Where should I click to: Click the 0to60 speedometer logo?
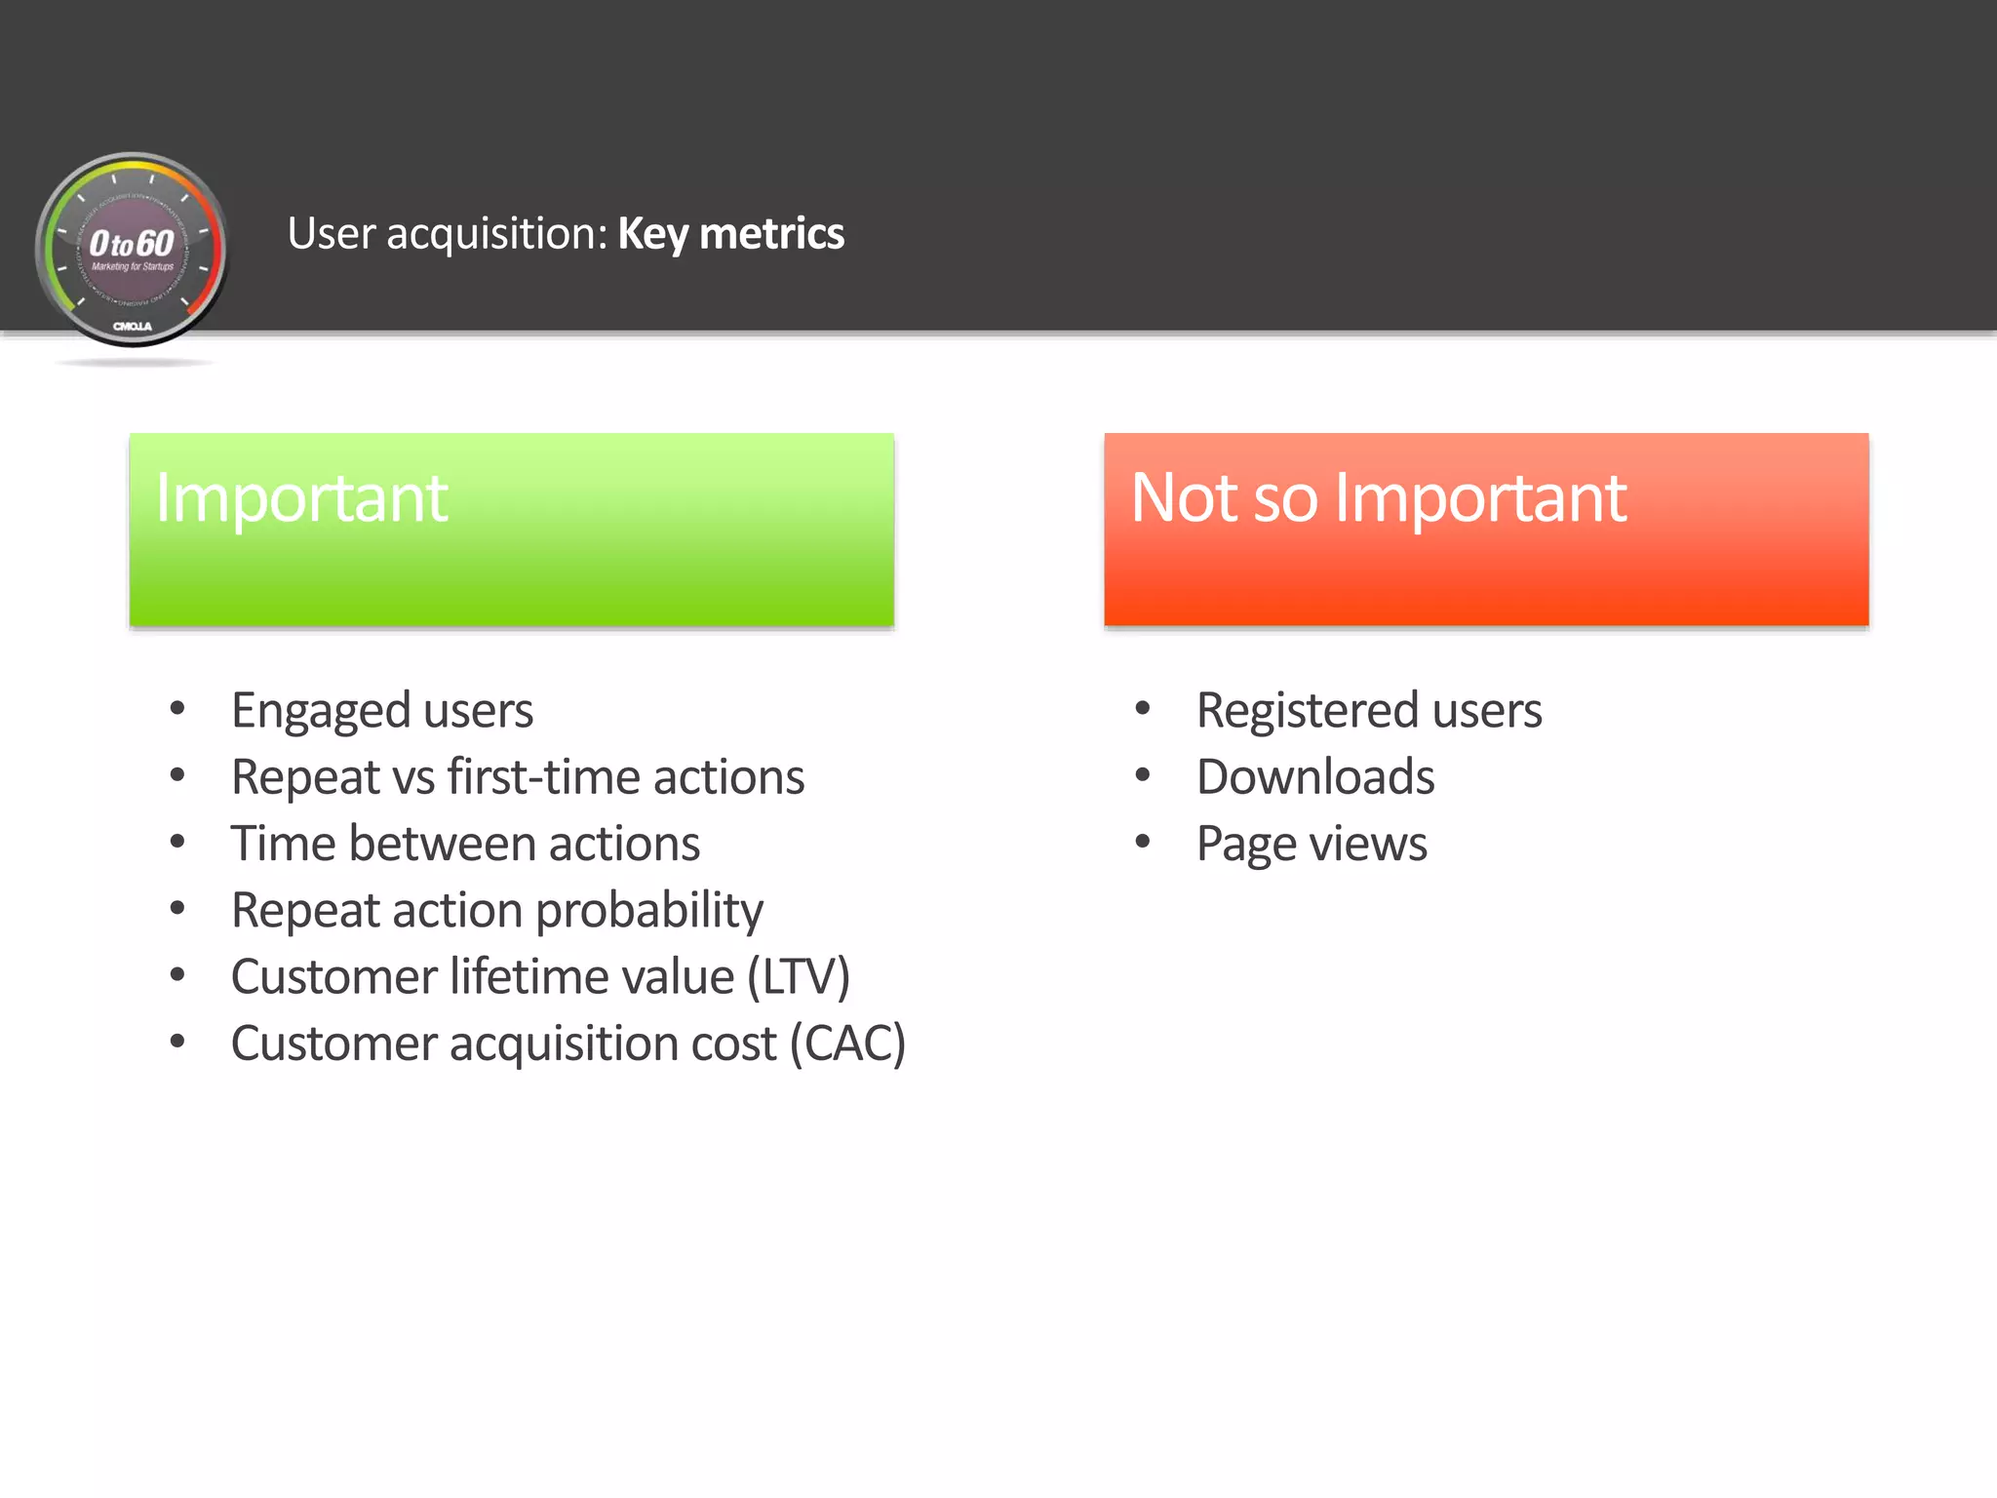pos(132,250)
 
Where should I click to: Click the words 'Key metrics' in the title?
pos(730,234)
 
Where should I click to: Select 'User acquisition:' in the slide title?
pos(448,234)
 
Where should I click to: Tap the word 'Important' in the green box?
pos(301,498)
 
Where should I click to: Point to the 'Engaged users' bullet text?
pos(382,710)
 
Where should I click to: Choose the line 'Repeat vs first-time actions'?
pos(518,777)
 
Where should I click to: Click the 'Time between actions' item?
pos(465,844)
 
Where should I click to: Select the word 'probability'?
pos(649,911)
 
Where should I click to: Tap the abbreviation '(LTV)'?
pos(799,977)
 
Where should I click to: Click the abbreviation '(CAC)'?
pos(847,1044)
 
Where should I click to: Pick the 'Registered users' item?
pos(1369,710)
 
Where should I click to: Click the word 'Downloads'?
pos(1315,777)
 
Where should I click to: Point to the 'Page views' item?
pos(1312,844)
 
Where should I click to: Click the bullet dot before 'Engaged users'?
pos(177,708)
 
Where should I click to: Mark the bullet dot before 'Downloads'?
pos(1143,775)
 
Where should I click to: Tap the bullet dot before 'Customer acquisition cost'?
pos(177,1041)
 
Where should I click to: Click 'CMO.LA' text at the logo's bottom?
pos(133,326)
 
